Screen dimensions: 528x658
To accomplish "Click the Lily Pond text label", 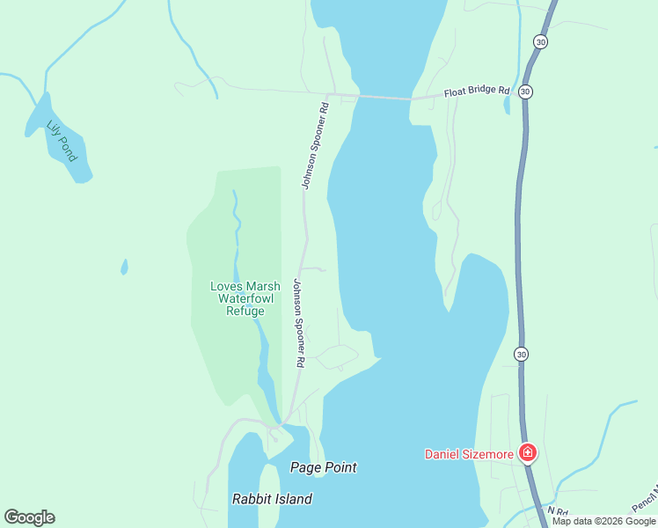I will (x=62, y=141).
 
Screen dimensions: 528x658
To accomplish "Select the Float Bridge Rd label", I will (x=477, y=90).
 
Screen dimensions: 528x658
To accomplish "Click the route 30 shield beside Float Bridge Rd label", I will (x=525, y=91).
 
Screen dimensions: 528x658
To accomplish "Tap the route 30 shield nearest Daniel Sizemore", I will (x=522, y=354).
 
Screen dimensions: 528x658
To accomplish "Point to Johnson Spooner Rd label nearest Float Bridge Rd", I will (x=314, y=146).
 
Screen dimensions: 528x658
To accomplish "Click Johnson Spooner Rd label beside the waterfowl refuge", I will (x=299, y=323).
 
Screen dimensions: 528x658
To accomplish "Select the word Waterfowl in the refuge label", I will (x=245, y=298).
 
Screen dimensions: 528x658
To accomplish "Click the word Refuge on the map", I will (x=245, y=311).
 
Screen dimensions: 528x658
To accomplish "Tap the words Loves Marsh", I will (x=245, y=286).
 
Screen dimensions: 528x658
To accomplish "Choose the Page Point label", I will (x=324, y=467).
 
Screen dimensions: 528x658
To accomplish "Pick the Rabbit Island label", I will (x=272, y=499).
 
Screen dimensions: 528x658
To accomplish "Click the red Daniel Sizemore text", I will (x=468, y=454).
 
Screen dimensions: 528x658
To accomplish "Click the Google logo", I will (x=29, y=517).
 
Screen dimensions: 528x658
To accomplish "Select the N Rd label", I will (x=557, y=510).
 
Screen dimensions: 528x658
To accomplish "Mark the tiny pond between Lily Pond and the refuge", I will (x=124, y=266).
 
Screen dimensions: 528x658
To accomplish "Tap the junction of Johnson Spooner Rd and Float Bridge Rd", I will (x=328, y=94).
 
